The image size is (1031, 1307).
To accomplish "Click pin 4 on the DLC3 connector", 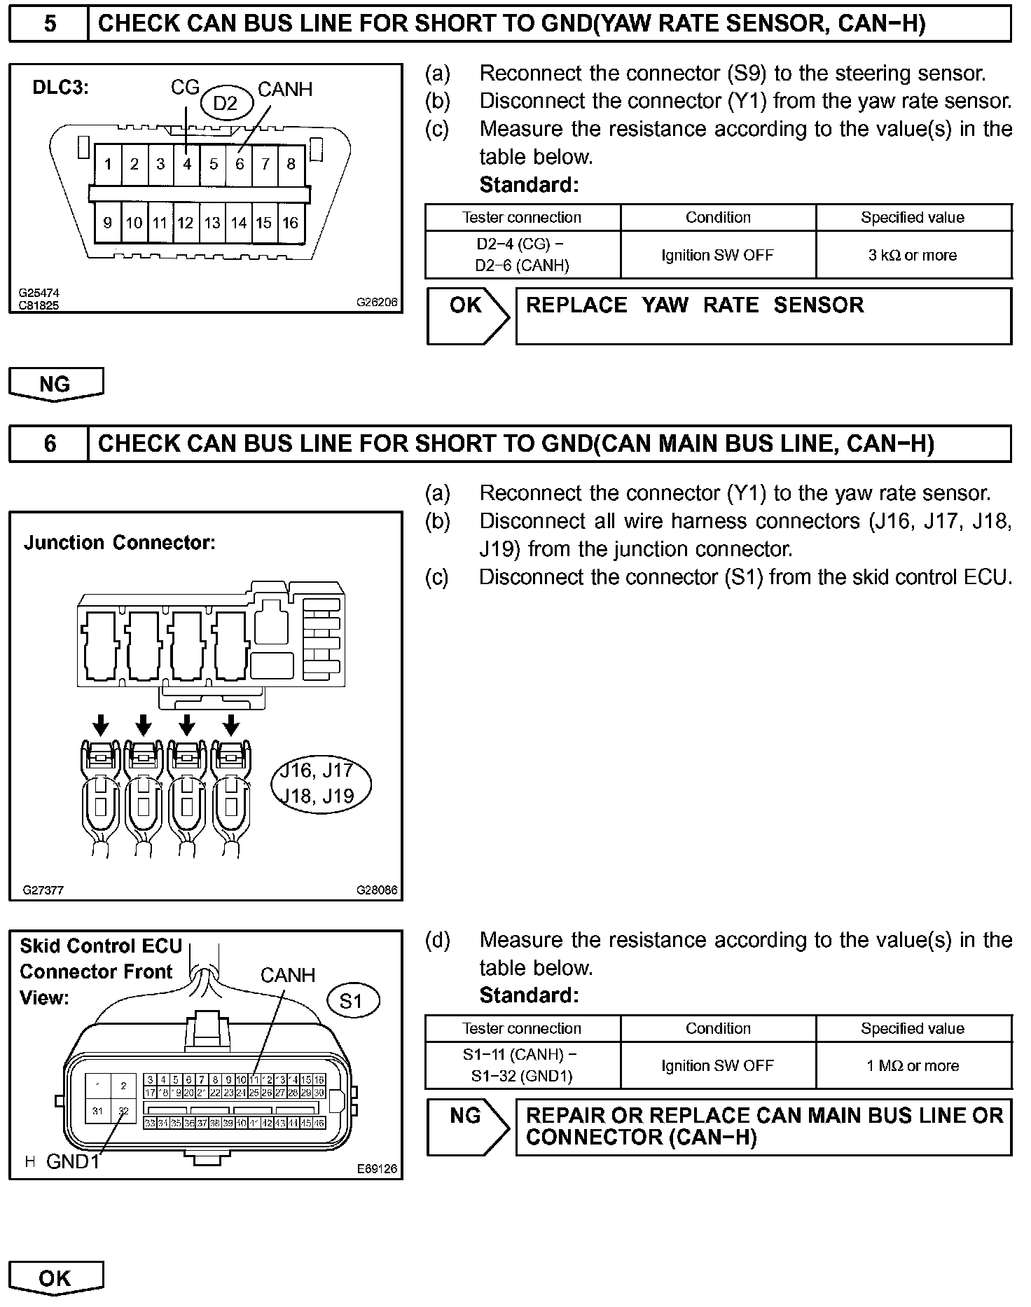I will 187,164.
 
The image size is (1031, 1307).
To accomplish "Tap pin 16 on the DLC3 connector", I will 290,223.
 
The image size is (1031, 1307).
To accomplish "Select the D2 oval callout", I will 225,104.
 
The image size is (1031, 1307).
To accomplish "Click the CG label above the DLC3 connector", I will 185,88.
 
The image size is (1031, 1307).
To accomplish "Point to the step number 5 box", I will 49,24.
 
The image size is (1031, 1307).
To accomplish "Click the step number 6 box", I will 49,443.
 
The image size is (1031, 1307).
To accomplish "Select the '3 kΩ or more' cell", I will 913,255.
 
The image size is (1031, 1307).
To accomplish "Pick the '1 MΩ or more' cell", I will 913,1065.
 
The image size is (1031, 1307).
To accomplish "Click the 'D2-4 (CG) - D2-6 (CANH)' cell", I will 523,255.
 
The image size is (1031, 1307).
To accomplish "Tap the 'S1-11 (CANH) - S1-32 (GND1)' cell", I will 523,1065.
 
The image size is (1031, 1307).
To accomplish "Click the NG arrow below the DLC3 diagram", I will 55,385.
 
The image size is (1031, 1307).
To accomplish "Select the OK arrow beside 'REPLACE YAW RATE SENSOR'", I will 467,317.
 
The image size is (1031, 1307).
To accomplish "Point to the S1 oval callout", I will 351,1001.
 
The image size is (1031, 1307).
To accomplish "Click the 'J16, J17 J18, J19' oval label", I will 321,783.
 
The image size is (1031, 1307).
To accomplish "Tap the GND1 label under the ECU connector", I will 72,1161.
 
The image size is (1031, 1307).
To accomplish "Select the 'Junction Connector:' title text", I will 120,543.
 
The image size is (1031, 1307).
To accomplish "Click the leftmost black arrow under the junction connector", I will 101,724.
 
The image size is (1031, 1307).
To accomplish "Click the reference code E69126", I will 377,1168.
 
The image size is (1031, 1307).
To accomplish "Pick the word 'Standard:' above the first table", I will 530,185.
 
